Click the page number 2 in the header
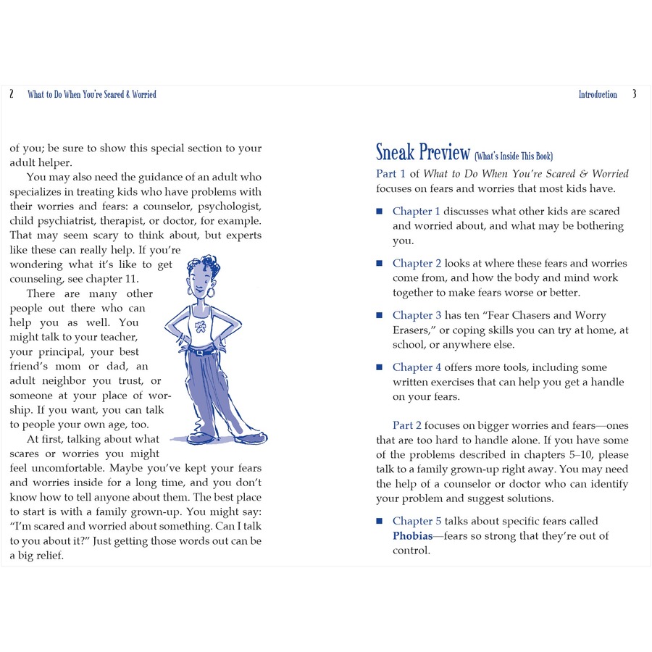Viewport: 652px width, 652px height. point(12,94)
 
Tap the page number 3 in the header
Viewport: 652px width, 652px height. point(635,94)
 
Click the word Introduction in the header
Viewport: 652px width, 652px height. point(598,94)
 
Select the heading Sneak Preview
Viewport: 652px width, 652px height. point(423,152)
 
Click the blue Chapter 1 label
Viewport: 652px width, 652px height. point(417,212)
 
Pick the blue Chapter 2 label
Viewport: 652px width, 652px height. point(417,264)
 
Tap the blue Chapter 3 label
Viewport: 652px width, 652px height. point(417,316)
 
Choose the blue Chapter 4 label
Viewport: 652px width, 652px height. point(417,368)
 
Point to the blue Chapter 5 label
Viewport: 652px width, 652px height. point(417,522)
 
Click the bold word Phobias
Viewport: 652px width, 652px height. point(413,536)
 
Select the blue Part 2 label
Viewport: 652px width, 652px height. point(406,426)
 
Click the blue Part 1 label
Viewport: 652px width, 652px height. point(391,174)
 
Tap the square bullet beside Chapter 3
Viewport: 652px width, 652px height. point(379,316)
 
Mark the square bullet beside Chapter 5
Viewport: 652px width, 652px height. point(379,522)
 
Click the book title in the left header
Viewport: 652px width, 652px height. point(92,94)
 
